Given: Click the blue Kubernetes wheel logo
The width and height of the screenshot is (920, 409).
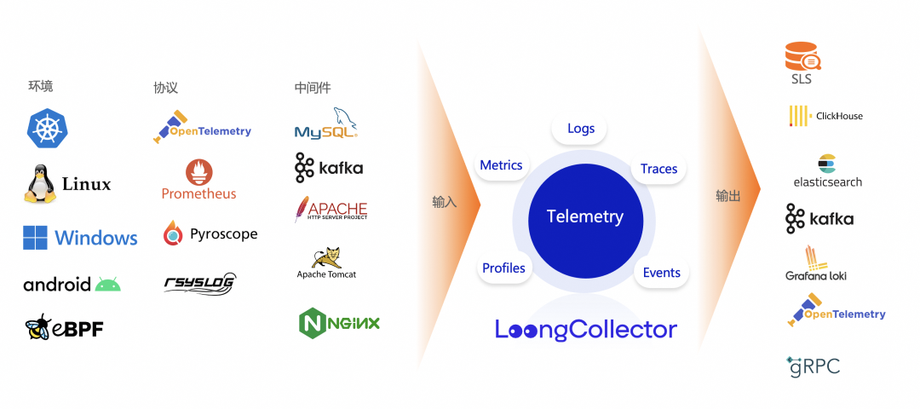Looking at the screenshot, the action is pyautogui.click(x=47, y=127).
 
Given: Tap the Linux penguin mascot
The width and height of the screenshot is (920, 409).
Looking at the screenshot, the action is pyautogui.click(x=40, y=184).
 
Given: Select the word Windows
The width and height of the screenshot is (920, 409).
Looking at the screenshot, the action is pyautogui.click(x=96, y=238).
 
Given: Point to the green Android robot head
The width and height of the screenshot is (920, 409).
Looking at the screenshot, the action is pyautogui.click(x=108, y=285).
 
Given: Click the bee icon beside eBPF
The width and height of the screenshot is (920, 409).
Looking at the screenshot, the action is pyautogui.click(x=38, y=327).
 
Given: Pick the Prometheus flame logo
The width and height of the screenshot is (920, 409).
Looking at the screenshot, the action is pyautogui.click(x=198, y=172).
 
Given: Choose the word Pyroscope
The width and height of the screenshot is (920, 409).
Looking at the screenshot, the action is pyautogui.click(x=223, y=233).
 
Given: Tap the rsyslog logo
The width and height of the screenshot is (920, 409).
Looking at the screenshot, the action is pyautogui.click(x=199, y=284).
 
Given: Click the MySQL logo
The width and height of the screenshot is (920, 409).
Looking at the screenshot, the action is pyautogui.click(x=326, y=124).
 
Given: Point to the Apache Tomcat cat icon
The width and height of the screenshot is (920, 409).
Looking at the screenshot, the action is pyautogui.click(x=326, y=256).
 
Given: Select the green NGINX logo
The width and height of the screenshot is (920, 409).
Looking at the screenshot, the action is pyautogui.click(x=339, y=323).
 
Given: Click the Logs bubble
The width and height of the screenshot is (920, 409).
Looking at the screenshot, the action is pyautogui.click(x=581, y=129).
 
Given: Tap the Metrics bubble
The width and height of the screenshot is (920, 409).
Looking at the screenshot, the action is pyautogui.click(x=501, y=165).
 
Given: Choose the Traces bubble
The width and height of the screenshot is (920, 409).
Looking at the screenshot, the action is pyautogui.click(x=658, y=169).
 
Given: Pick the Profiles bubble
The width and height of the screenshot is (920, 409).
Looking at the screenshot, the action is pyautogui.click(x=503, y=268).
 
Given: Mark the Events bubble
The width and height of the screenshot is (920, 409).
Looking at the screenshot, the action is pyautogui.click(x=661, y=273).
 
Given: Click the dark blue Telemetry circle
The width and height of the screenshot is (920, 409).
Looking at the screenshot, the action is pyautogui.click(x=584, y=217).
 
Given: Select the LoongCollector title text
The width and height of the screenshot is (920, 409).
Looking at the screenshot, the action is pyautogui.click(x=586, y=330).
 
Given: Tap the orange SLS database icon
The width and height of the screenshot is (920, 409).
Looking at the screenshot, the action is pyautogui.click(x=802, y=56).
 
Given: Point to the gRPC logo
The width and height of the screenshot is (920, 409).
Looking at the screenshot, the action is pyautogui.click(x=813, y=366).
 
